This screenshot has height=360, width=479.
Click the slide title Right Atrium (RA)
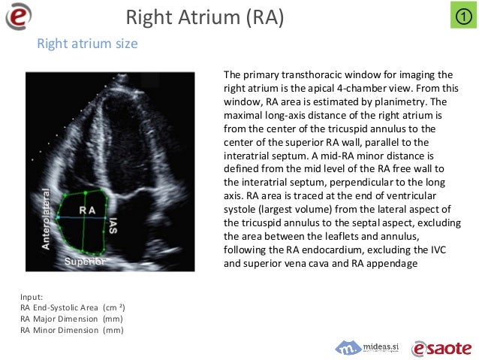(x=204, y=17)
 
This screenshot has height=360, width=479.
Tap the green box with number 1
(x=462, y=16)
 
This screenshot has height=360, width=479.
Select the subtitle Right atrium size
(x=87, y=44)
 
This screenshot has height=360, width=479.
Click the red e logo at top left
(x=20, y=16)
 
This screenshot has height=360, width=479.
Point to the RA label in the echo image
(x=87, y=210)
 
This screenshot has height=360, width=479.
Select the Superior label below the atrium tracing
(x=84, y=262)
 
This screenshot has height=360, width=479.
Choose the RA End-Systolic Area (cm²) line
(x=72, y=308)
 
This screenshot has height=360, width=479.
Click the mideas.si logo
(x=367, y=346)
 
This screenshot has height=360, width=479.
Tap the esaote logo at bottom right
(x=441, y=347)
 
